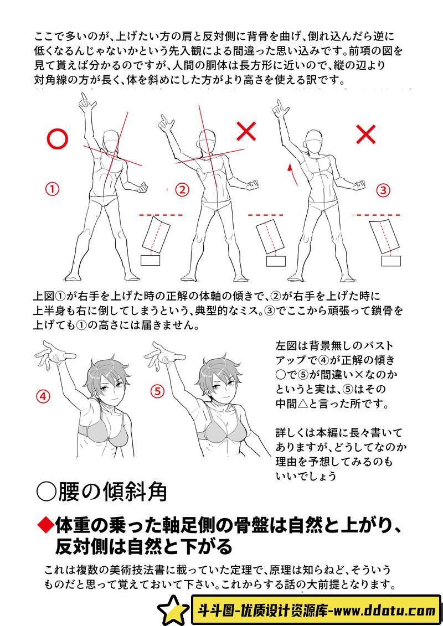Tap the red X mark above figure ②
(x=246, y=131)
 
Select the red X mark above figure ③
(x=366, y=134)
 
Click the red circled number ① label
(x=52, y=188)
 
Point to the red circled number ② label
(x=182, y=190)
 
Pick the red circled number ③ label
(x=384, y=190)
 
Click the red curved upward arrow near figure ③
(x=292, y=174)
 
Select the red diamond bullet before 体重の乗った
(x=45, y=525)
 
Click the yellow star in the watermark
(x=173, y=609)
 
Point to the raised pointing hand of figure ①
(x=86, y=104)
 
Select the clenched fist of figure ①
(x=141, y=187)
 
